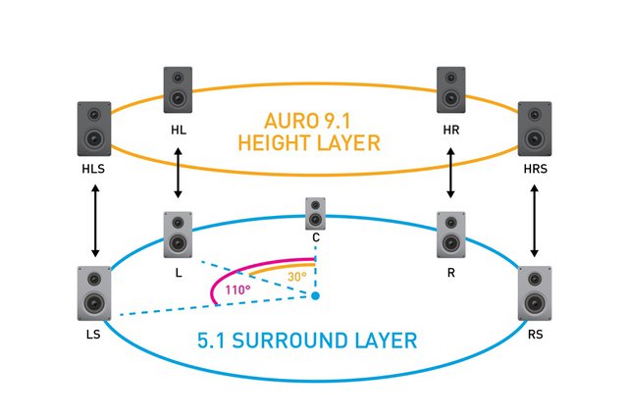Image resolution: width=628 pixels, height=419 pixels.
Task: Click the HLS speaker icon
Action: tap(95, 129)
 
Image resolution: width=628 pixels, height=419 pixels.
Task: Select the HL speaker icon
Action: tap(178, 88)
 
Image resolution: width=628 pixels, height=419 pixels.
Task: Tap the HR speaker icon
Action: tap(451, 88)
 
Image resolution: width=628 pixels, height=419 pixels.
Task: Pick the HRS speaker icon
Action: tap(534, 129)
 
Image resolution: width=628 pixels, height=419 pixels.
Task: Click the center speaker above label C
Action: tap(315, 212)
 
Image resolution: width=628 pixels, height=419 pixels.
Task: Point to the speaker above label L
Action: tap(178, 234)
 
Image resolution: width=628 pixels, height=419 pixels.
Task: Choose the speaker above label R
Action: tap(451, 234)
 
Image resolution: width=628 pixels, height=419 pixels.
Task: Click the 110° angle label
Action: tap(237, 290)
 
